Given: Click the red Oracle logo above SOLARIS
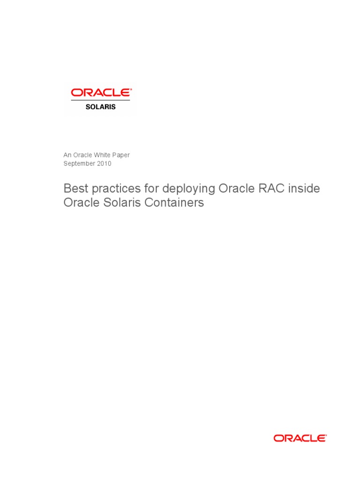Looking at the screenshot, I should pos(101,93).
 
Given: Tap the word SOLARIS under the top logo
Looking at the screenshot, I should pos(100,107).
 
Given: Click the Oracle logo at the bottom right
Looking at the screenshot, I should pos(300,438).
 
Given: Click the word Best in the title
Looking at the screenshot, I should pos(75,188).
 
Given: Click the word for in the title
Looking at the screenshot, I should pos(151,188).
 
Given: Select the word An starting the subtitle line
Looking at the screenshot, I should pos(67,155).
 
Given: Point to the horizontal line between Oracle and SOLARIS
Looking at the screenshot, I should pos(100,100).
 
